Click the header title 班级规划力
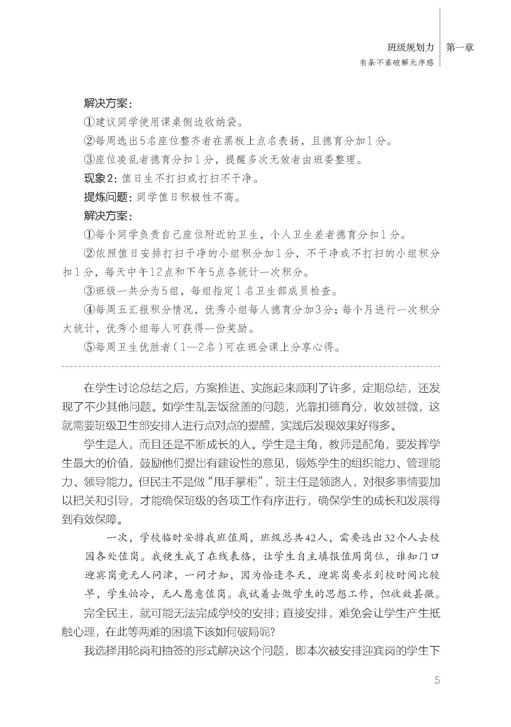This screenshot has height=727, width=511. (411, 48)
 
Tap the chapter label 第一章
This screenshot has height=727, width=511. (460, 48)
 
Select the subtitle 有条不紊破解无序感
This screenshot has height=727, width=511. (397, 63)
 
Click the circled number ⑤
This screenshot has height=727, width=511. (89, 347)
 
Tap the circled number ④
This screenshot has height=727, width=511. (89, 309)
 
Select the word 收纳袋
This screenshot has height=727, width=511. (221, 122)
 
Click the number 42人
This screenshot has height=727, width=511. (318, 538)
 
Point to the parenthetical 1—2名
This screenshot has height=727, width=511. (197, 347)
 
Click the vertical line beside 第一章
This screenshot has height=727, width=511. (440, 38)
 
